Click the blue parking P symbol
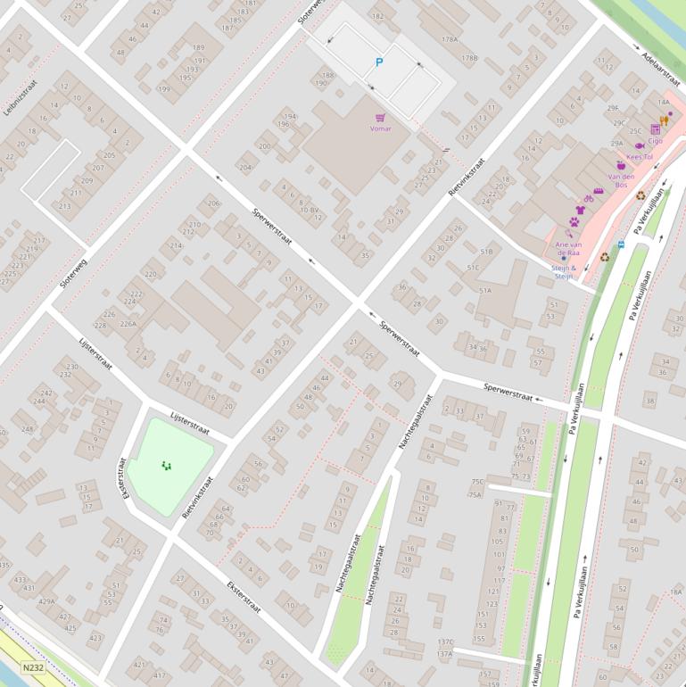pos(379,62)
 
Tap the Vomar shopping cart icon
pos(381,118)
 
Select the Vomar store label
pos(381,128)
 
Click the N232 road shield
pos(33,666)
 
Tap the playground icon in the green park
pos(166,465)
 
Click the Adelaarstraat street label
pos(661,62)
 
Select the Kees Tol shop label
pos(640,157)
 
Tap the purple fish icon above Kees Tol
pos(640,145)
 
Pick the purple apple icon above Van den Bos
pos(621,165)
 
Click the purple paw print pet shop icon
pos(574,221)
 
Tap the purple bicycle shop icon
pos(588,199)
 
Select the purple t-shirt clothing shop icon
pos(580,210)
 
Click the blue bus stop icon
pos(621,244)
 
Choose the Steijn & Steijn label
pos(563,271)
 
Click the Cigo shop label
pos(656,140)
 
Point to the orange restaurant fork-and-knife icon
pos(664,120)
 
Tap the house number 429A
pos(46,601)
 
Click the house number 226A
pos(128,324)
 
